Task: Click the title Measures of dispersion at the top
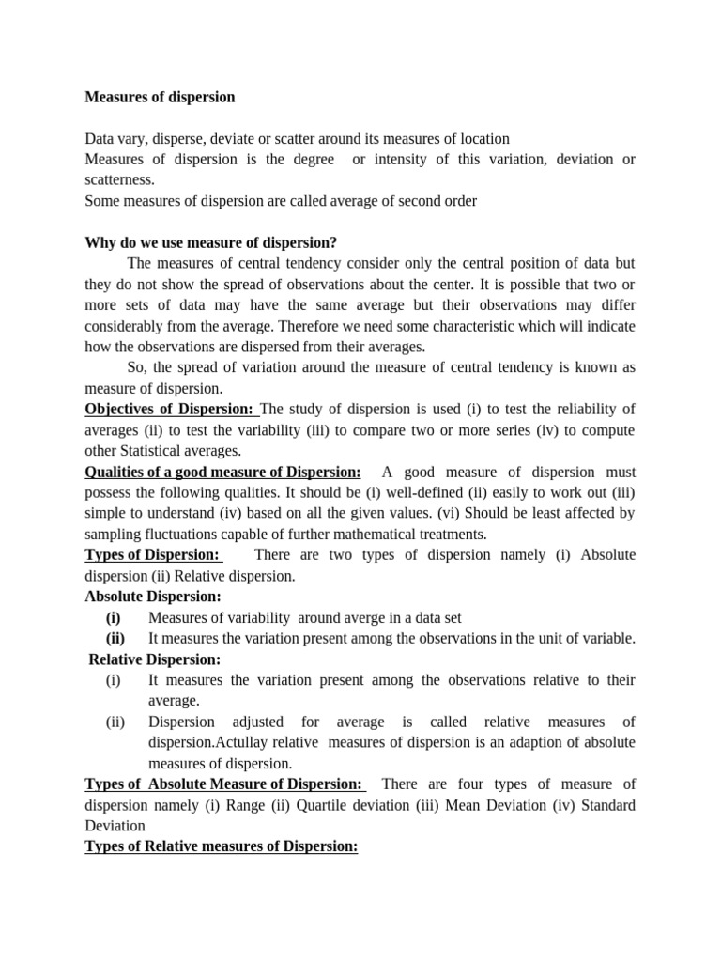pos(160,97)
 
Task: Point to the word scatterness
pos(119,179)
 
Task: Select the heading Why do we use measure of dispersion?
pos(211,242)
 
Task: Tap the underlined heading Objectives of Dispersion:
pos(170,409)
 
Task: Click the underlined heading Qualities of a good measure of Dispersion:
pos(222,472)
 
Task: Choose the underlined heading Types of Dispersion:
pos(152,554)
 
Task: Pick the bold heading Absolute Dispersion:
pos(153,597)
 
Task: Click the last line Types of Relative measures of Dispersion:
pos(222,846)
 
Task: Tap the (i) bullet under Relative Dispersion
pos(114,680)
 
